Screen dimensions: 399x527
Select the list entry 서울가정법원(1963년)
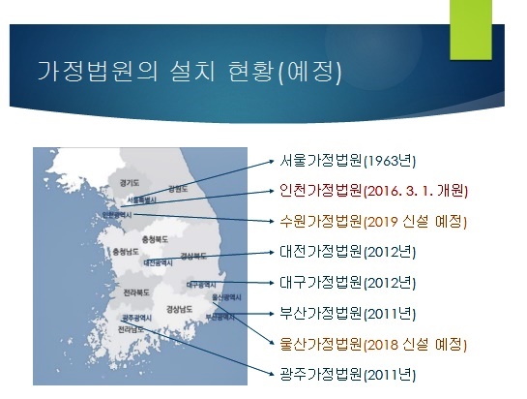[x=346, y=159]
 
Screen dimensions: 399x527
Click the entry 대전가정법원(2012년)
[x=346, y=251]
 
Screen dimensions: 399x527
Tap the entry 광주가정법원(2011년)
[x=346, y=375]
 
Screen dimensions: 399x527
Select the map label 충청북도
[x=156, y=238]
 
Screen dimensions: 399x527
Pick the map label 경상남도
[x=181, y=309]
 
